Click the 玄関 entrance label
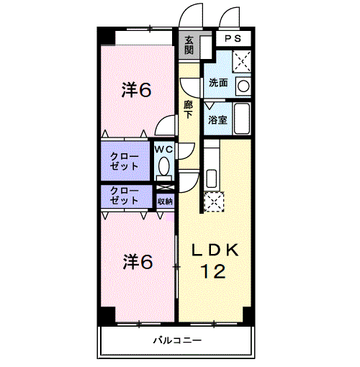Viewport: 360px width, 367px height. pyautogui.click(x=189, y=45)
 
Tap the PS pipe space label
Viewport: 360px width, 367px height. pyautogui.click(x=232, y=39)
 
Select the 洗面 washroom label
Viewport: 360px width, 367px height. pyautogui.click(x=217, y=83)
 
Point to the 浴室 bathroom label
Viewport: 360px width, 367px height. pyautogui.click(x=217, y=120)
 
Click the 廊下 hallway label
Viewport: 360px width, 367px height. pyautogui.click(x=188, y=109)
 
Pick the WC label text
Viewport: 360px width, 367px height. pyautogui.click(x=163, y=149)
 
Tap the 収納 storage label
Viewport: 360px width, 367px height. pyautogui.click(x=164, y=201)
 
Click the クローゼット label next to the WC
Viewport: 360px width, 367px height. pyautogui.click(x=125, y=161)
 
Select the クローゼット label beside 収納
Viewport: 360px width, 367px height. pyautogui.click(x=125, y=196)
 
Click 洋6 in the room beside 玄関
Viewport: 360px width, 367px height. pyautogui.click(x=136, y=90)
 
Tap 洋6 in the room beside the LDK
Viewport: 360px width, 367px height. pyautogui.click(x=136, y=262)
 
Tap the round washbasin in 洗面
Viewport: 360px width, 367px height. pyautogui.click(x=243, y=86)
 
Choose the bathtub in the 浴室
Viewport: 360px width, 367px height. pyautogui.click(x=242, y=119)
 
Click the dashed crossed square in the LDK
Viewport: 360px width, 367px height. pyautogui.click(x=214, y=203)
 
